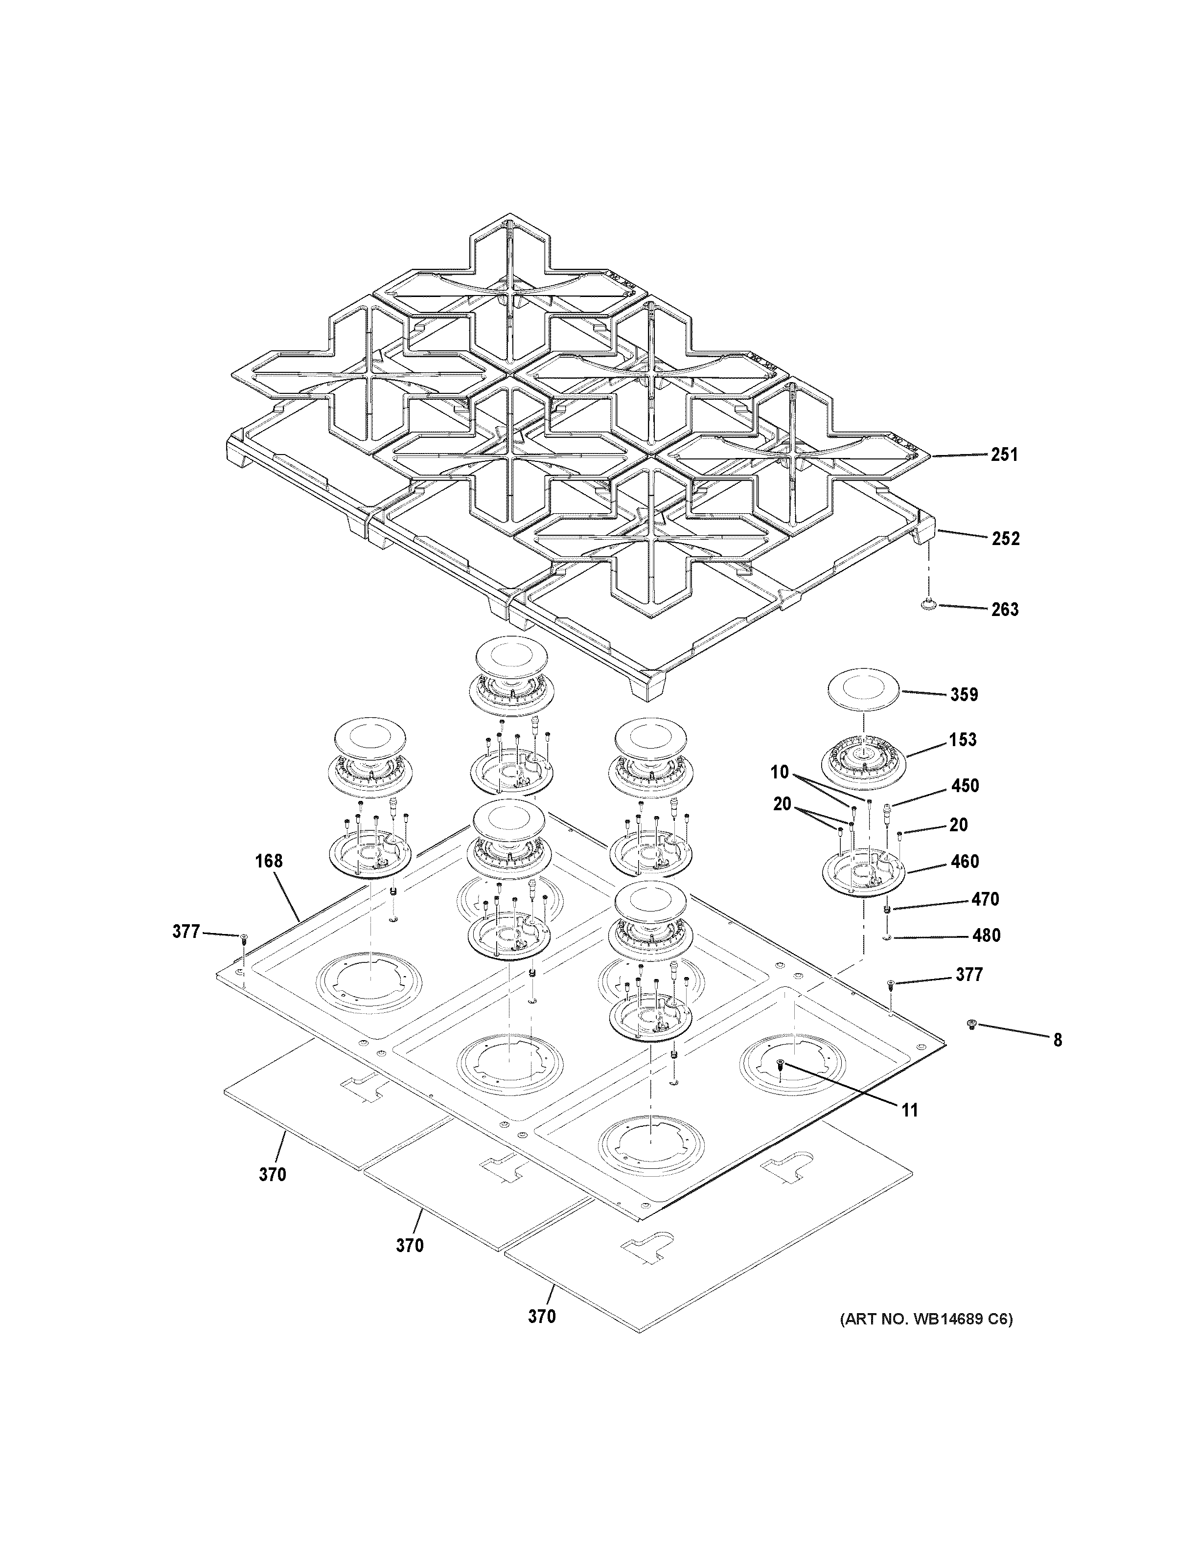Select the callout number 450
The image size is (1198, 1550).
tap(965, 786)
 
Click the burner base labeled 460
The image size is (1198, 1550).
tap(864, 872)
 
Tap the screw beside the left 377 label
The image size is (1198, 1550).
tap(243, 939)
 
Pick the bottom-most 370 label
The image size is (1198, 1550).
tap(542, 1317)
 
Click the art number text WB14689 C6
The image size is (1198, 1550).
tap(927, 1320)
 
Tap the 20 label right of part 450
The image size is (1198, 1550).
tap(958, 825)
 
